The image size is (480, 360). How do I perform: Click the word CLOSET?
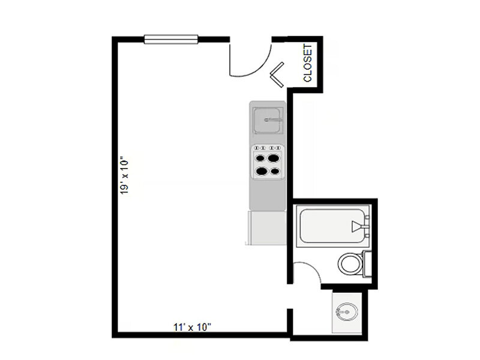[308, 63]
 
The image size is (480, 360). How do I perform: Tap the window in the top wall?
[171, 40]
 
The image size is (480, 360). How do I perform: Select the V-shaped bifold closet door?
[278, 76]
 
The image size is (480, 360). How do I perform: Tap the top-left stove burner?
[262, 159]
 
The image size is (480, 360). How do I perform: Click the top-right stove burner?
[275, 158]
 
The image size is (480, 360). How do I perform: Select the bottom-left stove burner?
[262, 171]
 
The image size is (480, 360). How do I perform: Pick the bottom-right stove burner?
[275, 171]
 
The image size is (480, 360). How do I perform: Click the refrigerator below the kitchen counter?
[267, 227]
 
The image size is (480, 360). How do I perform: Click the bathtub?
[330, 225]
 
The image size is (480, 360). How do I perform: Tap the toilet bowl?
[349, 263]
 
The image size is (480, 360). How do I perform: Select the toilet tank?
[368, 264]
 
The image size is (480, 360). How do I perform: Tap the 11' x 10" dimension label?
[192, 327]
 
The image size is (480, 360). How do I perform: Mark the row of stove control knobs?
[268, 148]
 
